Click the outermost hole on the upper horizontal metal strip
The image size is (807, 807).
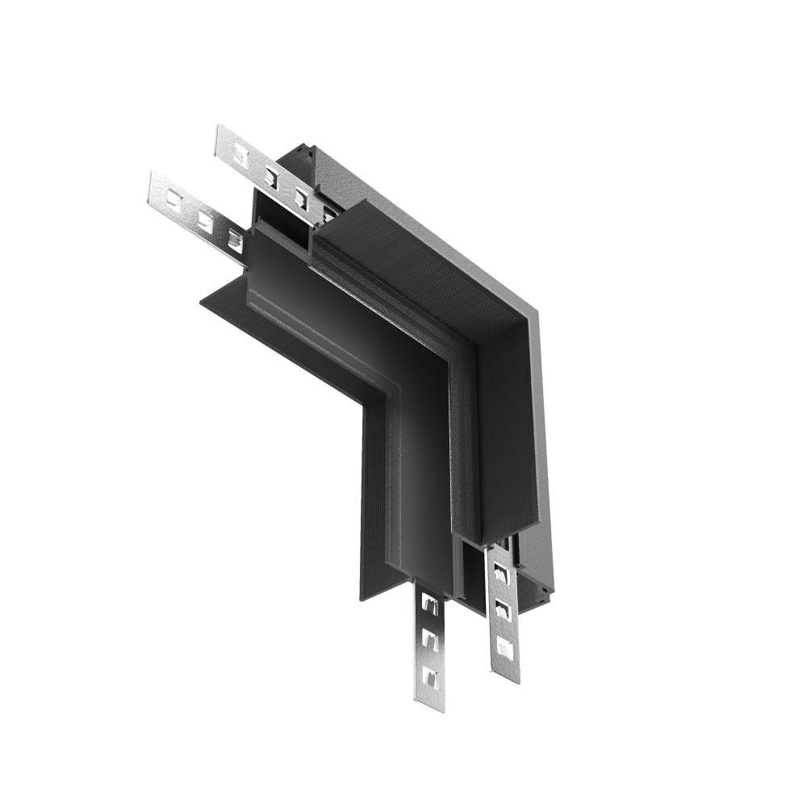coord(240,157)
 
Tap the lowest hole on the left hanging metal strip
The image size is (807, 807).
coord(432,675)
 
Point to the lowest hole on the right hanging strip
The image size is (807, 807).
coord(504,646)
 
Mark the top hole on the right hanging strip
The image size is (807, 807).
coord(500,573)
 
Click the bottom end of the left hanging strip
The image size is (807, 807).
coord(433,707)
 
